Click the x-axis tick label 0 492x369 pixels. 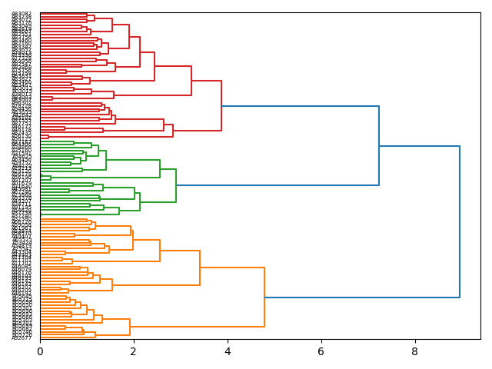[x=40, y=351]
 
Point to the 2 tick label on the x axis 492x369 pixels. [x=134, y=351]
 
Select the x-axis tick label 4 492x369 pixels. [x=228, y=351]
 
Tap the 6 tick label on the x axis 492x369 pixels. [x=321, y=351]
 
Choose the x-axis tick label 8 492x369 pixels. [x=415, y=351]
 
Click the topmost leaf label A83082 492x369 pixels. [x=22, y=14]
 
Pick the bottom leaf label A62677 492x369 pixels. [x=22, y=337]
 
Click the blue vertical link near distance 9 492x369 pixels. [x=460, y=221]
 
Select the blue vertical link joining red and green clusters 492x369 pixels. [x=379, y=145]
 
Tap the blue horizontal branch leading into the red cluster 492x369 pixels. [x=300, y=106]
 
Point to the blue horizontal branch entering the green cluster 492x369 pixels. [x=277, y=185]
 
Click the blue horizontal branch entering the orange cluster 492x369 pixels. [x=361, y=298]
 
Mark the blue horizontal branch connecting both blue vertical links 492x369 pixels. [x=419, y=146]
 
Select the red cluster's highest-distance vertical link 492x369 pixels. [x=221, y=106]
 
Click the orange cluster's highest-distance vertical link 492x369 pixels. [x=264, y=298]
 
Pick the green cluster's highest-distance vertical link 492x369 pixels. [x=176, y=185]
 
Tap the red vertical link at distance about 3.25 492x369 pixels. [x=191, y=81]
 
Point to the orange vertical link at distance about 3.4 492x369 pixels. [x=200, y=268]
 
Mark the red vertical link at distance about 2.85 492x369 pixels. [x=173, y=131]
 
